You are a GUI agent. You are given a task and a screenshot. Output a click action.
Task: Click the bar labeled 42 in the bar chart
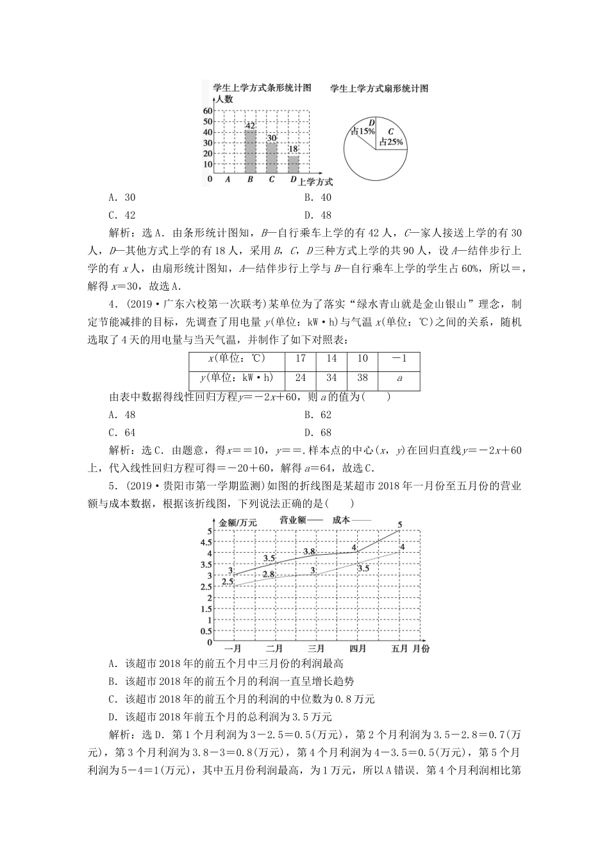(x=250, y=150)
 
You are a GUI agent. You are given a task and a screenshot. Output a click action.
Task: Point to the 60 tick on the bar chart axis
(x=208, y=111)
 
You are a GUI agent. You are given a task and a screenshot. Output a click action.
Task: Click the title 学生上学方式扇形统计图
(x=379, y=89)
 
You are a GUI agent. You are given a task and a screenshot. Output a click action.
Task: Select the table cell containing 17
(x=301, y=359)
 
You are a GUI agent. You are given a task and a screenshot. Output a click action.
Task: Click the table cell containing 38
(x=363, y=378)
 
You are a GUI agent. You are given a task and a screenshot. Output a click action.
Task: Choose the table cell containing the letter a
(x=399, y=378)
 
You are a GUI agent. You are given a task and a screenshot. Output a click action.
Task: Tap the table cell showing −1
(x=399, y=359)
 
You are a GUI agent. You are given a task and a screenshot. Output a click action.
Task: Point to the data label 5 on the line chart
(x=400, y=525)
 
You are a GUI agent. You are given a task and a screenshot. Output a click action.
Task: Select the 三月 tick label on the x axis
(x=315, y=648)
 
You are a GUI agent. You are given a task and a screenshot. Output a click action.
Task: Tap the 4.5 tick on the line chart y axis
(x=205, y=542)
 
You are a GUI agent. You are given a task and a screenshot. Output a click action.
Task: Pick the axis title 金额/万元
(x=238, y=523)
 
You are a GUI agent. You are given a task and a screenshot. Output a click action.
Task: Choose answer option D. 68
(x=318, y=432)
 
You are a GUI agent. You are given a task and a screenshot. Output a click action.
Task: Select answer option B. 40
(x=318, y=198)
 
